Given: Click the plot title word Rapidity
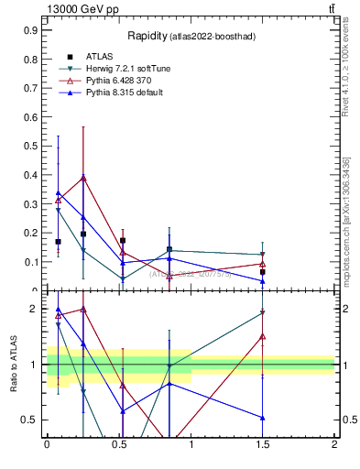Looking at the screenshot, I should click(x=145, y=36).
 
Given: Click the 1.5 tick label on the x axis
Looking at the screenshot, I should click(x=263, y=445).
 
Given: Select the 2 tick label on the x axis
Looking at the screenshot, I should click(x=334, y=445).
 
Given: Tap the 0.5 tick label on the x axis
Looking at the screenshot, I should click(x=119, y=445).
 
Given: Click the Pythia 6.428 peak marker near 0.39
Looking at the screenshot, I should click(x=84, y=178).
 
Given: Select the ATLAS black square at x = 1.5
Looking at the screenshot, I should click(x=263, y=272).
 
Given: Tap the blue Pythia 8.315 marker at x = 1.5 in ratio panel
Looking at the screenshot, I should click(x=263, y=418).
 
